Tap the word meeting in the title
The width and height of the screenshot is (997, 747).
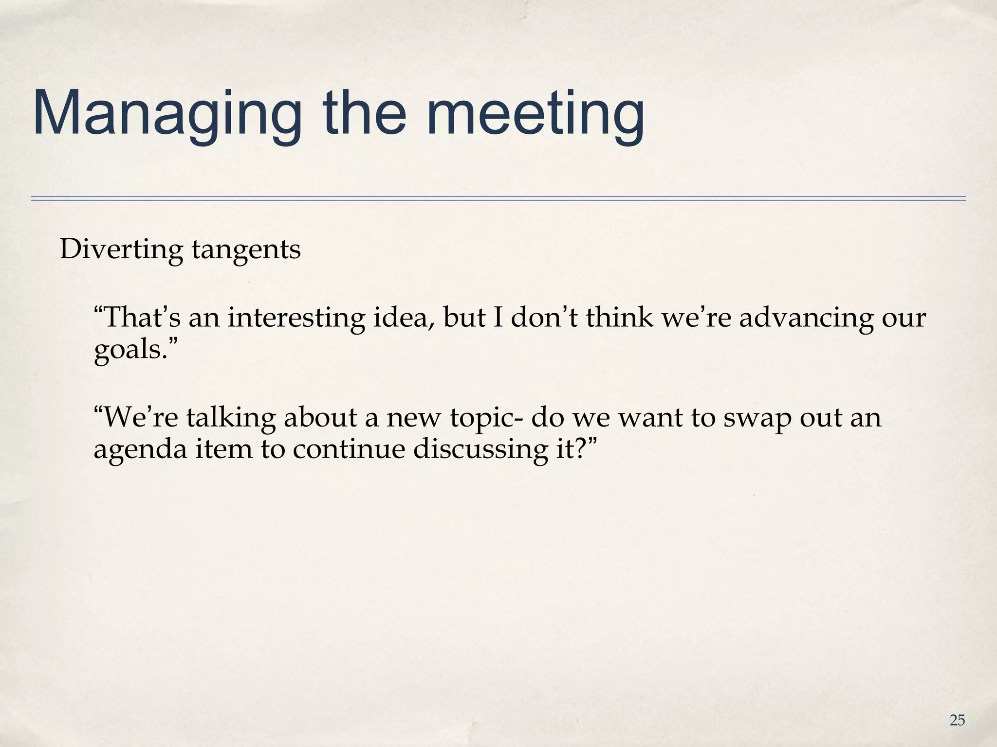tap(535, 113)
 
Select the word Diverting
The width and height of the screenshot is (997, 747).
tap(121, 249)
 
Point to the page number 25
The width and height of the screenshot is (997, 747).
tap(957, 720)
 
